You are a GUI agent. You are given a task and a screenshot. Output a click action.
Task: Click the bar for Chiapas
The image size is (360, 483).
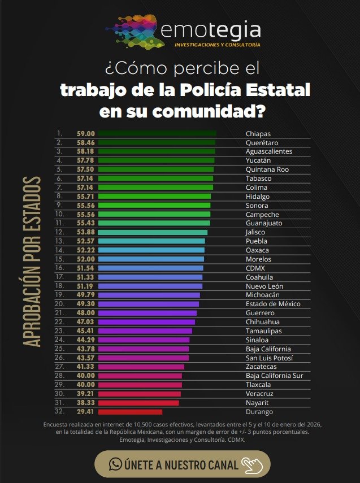pos(157,134)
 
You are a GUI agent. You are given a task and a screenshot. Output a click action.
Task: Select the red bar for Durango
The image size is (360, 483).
pos(130,412)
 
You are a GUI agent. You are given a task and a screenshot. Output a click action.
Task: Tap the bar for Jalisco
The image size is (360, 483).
pos(153,232)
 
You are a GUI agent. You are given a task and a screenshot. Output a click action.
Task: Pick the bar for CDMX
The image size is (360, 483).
pos(151,268)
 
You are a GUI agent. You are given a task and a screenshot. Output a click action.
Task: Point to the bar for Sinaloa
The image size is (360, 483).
pos(144,340)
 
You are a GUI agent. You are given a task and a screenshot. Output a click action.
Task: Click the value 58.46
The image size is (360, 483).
pos(85,143)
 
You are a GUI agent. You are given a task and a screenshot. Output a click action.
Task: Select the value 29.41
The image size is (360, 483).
pos(85,412)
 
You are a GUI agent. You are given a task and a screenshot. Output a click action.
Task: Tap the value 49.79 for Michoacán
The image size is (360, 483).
pos(85,295)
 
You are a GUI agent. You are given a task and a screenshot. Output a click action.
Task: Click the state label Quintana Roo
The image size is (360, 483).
pos(267,169)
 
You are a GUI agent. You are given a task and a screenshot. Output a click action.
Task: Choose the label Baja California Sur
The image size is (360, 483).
pos(275,376)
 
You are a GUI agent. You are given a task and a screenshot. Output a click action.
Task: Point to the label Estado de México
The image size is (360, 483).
pos(273,304)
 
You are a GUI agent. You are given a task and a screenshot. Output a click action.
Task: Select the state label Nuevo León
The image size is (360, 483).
pos(264,286)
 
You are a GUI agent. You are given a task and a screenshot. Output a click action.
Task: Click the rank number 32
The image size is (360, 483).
pos(59,412)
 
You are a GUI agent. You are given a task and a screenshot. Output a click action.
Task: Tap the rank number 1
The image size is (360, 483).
pos(58,134)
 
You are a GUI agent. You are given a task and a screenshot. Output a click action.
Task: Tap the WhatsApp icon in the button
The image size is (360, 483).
pos(115,464)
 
